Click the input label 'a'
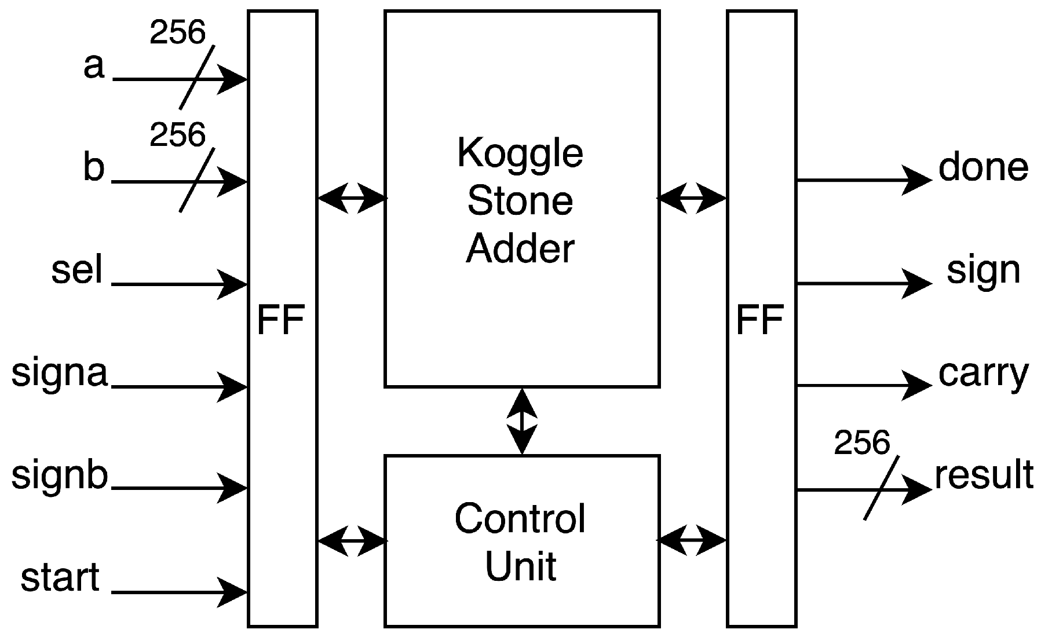coord(94,67)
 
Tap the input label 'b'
coord(94,168)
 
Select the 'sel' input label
coord(77,270)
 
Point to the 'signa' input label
coord(60,374)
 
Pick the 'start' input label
coord(60,578)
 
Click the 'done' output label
coord(983,168)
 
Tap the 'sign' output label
coord(983,271)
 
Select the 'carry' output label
coord(983,374)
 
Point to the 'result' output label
coord(984,475)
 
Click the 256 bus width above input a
coord(177,32)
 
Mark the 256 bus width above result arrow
coord(861,443)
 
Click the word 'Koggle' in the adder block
coord(520,153)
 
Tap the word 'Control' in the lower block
coord(520,518)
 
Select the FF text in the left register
coord(281,320)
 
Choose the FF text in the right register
coord(761,320)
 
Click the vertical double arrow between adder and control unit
coord(522,421)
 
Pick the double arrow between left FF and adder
coord(352,199)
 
